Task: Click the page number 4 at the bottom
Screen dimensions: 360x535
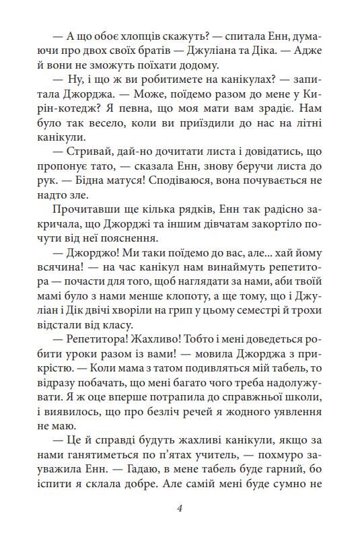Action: point(180,507)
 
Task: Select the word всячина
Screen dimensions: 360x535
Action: point(73,277)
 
